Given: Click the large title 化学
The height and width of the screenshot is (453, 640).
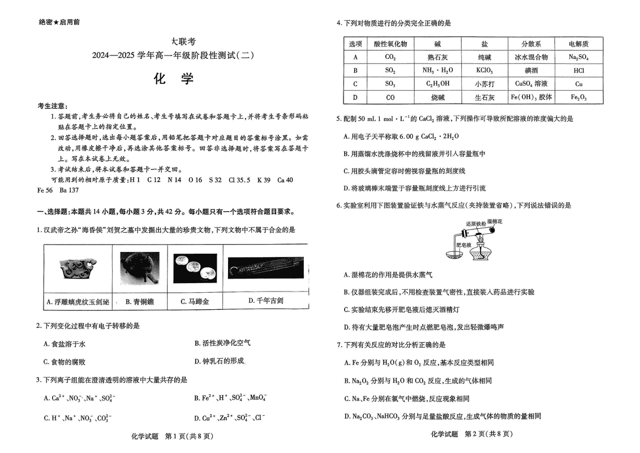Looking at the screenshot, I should click(x=174, y=79).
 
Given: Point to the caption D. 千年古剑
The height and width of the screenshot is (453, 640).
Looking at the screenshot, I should click(x=265, y=301).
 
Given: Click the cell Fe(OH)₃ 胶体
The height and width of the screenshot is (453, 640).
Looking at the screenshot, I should click(x=531, y=97).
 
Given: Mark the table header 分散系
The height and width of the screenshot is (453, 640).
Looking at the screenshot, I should click(x=531, y=44).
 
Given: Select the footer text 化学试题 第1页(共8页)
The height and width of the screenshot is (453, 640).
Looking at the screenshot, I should click(x=164, y=435).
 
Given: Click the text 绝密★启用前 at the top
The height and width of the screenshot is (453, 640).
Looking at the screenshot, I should click(x=59, y=22).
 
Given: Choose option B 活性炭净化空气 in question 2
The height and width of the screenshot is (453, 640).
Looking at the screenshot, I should click(x=222, y=343).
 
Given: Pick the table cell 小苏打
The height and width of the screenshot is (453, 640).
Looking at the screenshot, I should click(x=484, y=84).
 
